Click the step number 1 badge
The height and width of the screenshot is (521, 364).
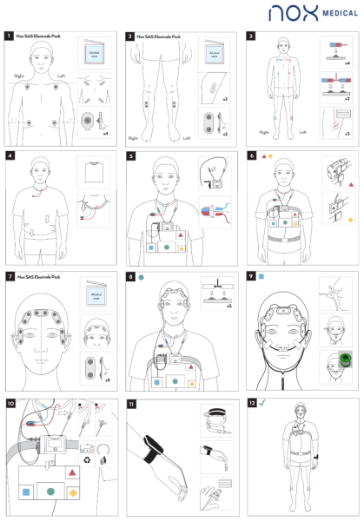(x=9, y=37)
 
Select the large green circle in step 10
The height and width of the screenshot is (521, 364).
(x=53, y=491)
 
